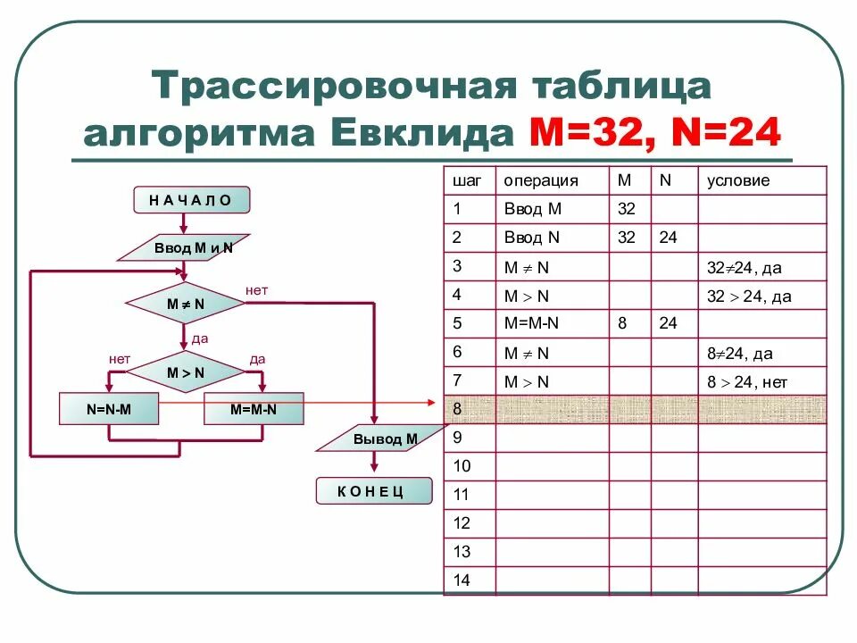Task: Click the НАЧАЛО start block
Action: pos(190,200)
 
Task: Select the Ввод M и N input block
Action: pos(184,247)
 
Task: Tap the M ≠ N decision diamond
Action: pos(186,304)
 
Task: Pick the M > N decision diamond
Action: pos(186,372)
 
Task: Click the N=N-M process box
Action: pos(109,410)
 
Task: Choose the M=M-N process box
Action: pos(254,410)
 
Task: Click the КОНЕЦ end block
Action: pos(373,490)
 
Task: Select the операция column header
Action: pos(541,180)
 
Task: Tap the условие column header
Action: pos(738,180)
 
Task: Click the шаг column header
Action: pos(467,180)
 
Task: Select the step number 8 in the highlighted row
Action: pos(458,409)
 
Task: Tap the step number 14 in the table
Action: pos(462,580)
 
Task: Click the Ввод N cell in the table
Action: pos(531,238)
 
